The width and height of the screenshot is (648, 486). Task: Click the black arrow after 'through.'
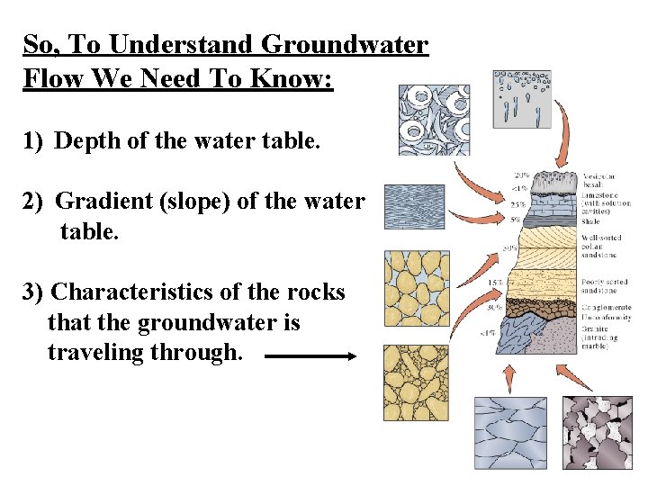point(311,356)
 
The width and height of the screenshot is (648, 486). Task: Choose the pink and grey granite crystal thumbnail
point(598,431)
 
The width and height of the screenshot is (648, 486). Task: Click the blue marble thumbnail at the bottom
point(509,431)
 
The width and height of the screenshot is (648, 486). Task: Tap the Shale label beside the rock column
point(591,220)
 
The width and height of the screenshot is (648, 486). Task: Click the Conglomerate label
point(606,308)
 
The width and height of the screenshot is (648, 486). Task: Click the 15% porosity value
point(494,283)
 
